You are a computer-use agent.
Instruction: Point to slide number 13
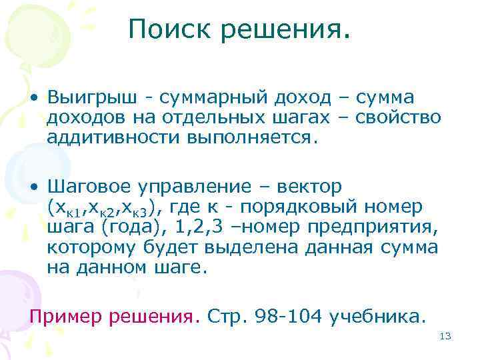[446, 337]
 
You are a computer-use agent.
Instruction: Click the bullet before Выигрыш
[33, 98]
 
